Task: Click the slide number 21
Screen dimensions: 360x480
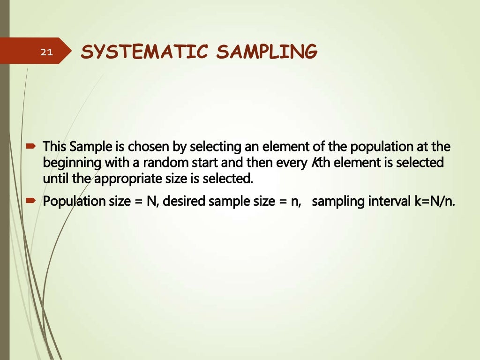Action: [x=46, y=52]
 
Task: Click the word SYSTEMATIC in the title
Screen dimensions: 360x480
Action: [x=144, y=52]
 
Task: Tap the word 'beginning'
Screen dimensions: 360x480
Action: [x=66, y=164]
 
